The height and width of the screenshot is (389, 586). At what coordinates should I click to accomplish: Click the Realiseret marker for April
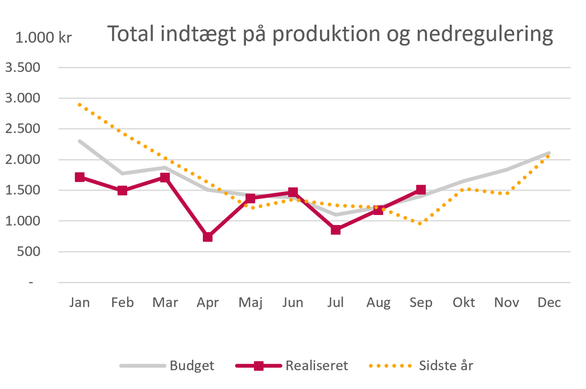[x=208, y=237]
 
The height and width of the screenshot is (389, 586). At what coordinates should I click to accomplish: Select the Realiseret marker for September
[x=421, y=190]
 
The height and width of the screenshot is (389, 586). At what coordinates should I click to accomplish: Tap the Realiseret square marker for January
[x=80, y=177]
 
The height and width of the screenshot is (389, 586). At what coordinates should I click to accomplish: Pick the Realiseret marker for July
[x=336, y=230]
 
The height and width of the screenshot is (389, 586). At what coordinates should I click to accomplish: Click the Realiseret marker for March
[x=165, y=178]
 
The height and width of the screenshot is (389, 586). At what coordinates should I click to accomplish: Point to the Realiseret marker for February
[x=123, y=191]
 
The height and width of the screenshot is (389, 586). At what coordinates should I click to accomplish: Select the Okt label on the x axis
[x=464, y=302]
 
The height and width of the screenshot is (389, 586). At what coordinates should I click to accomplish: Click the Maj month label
[x=250, y=303]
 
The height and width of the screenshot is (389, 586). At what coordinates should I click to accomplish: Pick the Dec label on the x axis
[x=549, y=302]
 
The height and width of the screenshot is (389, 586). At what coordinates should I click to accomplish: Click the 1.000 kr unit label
[x=44, y=38]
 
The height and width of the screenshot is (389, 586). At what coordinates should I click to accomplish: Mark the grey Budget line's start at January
[x=80, y=141]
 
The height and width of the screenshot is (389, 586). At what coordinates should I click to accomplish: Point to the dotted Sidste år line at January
[x=80, y=105]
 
